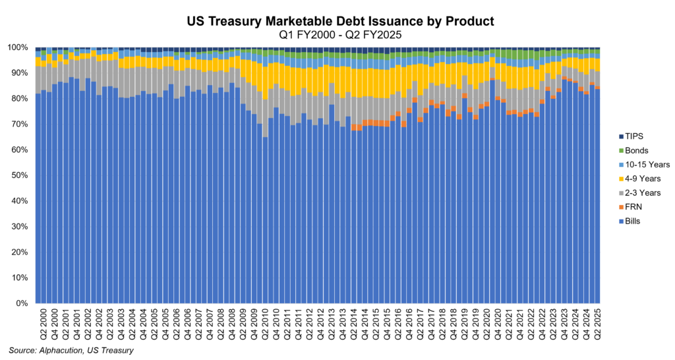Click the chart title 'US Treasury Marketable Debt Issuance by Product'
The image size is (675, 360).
point(337,22)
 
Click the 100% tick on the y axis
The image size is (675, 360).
point(18,48)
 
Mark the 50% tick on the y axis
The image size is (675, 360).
point(20,176)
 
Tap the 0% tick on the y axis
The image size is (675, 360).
point(22,304)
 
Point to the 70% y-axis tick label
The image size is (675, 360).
point(20,125)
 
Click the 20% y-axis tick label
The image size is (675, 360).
point(20,253)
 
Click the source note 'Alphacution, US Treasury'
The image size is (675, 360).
point(71,350)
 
